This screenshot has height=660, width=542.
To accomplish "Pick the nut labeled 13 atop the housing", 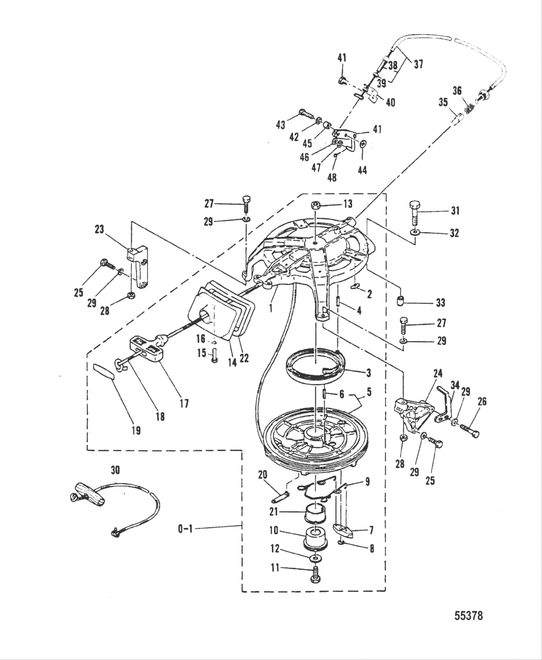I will point(315,204).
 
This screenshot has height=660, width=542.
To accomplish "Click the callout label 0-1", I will point(184,529).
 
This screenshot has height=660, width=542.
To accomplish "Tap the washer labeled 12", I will point(316,558).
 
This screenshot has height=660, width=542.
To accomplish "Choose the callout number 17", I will point(184,402).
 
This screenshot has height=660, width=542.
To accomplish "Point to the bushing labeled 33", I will point(400,302).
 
